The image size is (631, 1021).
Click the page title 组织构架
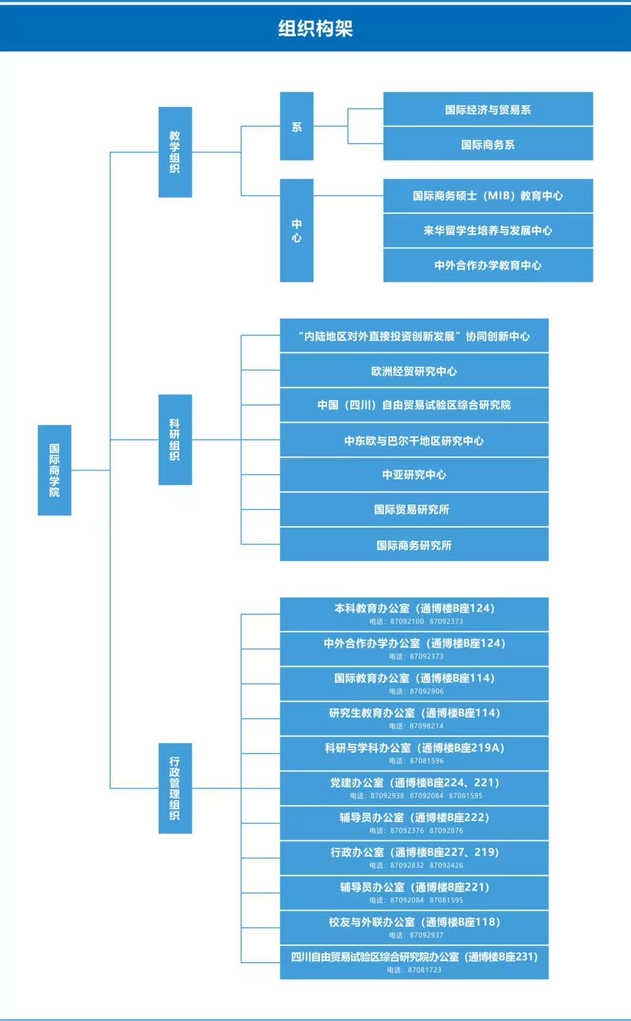point(315,29)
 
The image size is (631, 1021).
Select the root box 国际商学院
point(54,470)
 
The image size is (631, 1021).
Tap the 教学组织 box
point(175,152)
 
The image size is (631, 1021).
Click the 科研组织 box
point(175,439)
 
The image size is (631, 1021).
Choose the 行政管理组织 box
point(175,788)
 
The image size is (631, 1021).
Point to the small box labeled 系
point(296,126)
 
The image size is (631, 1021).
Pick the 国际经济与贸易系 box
point(488,109)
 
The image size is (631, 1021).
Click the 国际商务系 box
point(488,144)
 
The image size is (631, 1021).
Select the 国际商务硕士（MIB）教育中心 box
point(488,196)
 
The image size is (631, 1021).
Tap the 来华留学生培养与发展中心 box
point(488,230)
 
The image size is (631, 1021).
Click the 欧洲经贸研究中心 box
point(414,371)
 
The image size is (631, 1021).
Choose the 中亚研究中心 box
point(414,475)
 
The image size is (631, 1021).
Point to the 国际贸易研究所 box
point(414,509)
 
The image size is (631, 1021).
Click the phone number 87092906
point(426,691)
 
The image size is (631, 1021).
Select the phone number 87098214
point(426,726)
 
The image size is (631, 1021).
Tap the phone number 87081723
point(424,970)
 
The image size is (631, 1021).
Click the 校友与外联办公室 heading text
point(372,922)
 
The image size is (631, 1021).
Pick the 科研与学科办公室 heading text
point(368,748)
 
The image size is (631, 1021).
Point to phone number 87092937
point(426,935)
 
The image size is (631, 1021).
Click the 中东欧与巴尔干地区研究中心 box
point(414,440)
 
